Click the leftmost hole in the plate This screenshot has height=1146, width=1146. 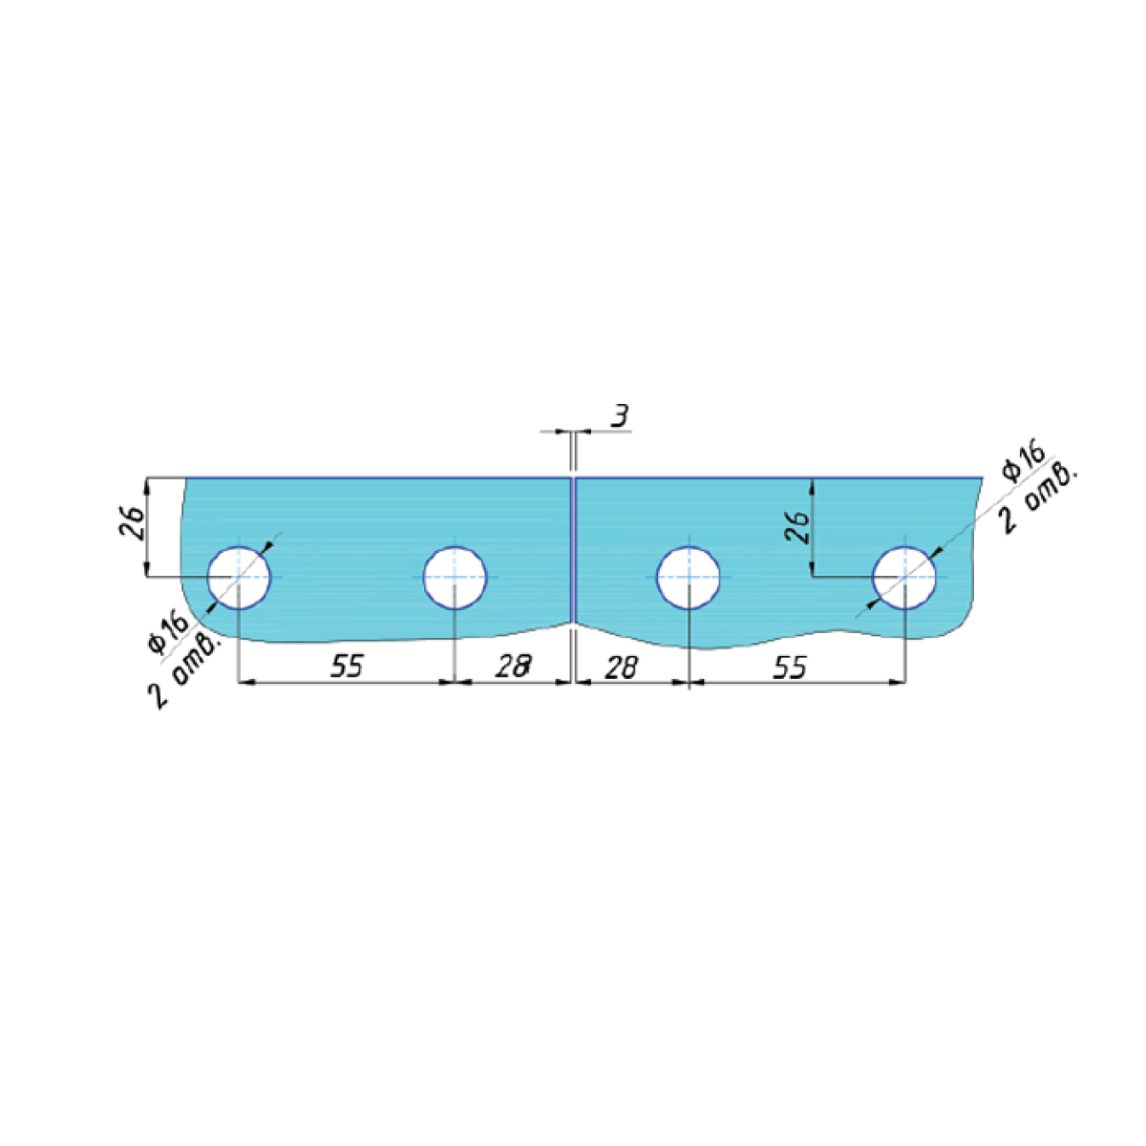(239, 577)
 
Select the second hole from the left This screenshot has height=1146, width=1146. (455, 577)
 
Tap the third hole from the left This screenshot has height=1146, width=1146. (688, 577)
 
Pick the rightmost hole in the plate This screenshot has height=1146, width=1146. (904, 577)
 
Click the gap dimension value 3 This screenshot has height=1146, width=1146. (620, 415)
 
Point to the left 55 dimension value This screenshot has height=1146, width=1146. (346, 666)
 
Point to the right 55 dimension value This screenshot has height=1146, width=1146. (790, 668)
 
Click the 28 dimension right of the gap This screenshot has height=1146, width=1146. (621, 668)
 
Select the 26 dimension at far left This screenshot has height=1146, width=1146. (133, 523)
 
